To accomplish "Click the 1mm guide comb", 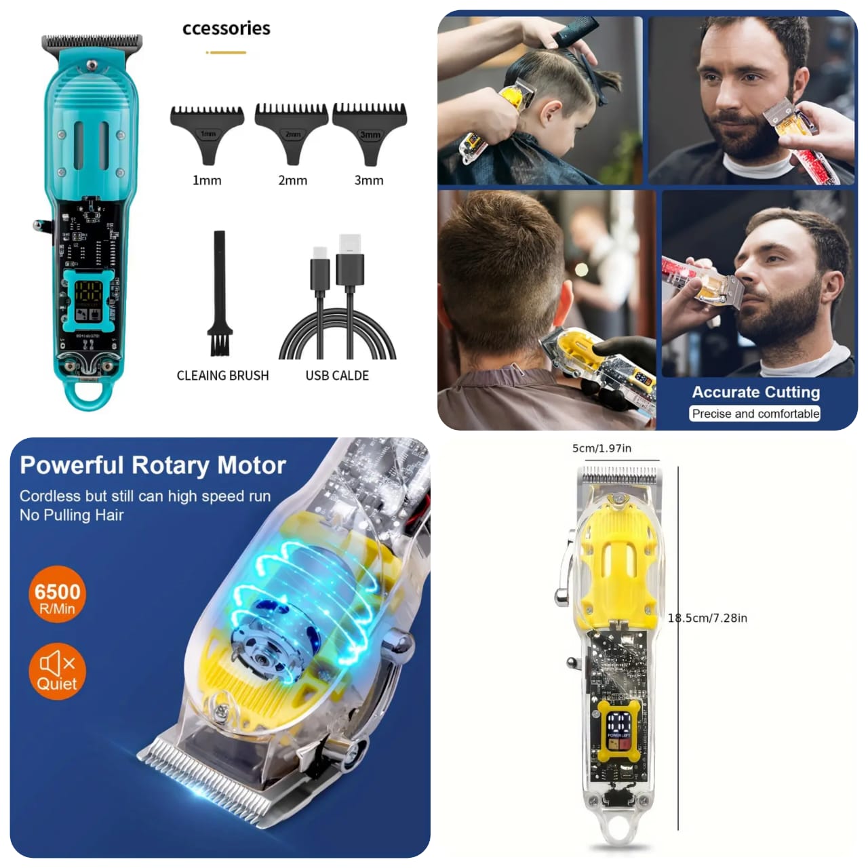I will (207, 132).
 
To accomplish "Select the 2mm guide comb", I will (292, 130).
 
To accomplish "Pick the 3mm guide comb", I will (370, 130).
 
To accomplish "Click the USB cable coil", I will (338, 332).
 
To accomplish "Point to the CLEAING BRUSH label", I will (222, 376).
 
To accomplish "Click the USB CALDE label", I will (337, 376).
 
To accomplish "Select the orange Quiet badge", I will (57, 671).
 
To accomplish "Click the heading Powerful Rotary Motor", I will (153, 465).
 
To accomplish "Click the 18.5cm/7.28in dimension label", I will (707, 618).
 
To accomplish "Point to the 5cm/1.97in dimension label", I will (601, 448).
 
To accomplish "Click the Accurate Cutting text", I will (755, 392).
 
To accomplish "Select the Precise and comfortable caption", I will (755, 414).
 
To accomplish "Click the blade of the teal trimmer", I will (92, 42).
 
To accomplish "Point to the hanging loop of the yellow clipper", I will (616, 830).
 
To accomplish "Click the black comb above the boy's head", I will (576, 31).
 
